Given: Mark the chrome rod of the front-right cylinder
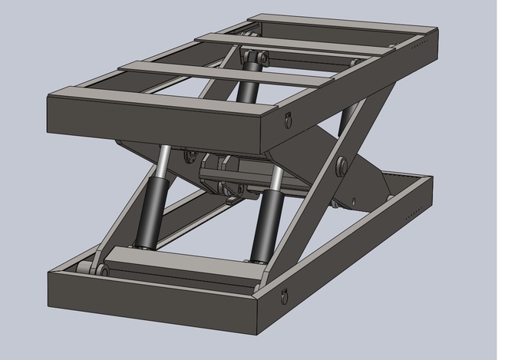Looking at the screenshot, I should pyautogui.click(x=275, y=181).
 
